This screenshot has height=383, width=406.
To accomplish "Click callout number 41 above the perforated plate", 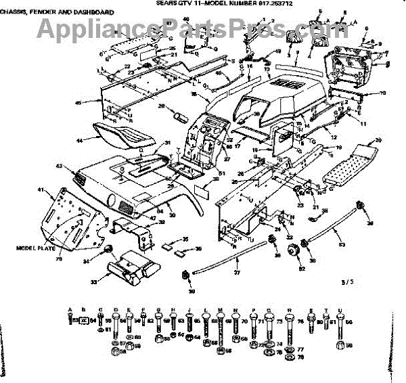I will (41, 189).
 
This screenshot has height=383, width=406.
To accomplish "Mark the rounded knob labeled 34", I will (107, 252).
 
